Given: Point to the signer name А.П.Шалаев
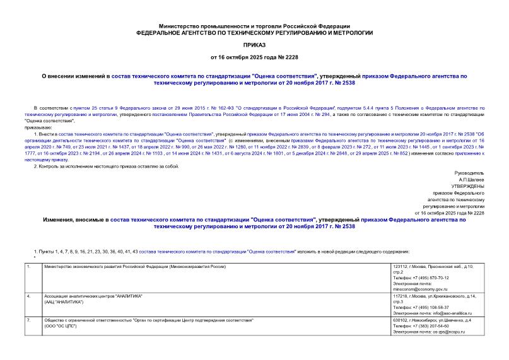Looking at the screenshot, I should (x=471, y=179).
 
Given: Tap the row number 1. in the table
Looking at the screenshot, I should (x=30, y=267).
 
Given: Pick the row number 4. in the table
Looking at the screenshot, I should (x=30, y=295).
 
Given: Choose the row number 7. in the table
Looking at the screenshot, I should (x=30, y=320).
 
